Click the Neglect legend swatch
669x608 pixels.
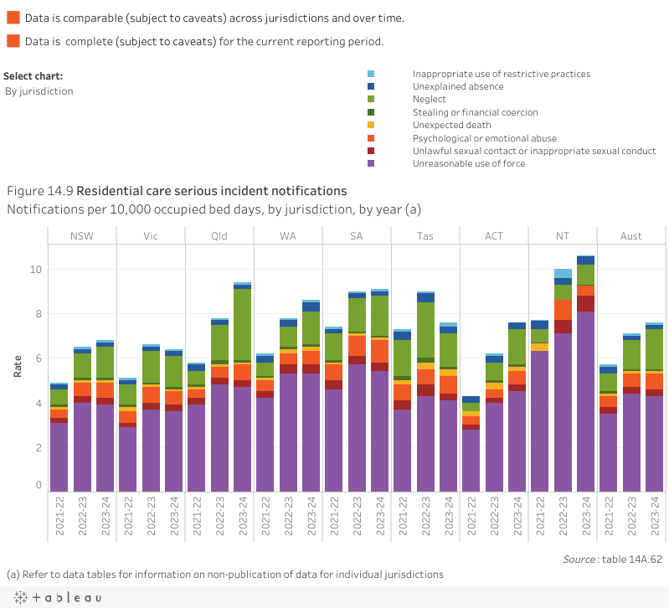[371, 99]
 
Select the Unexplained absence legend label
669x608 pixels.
[458, 86]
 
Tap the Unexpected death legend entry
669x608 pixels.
[451, 125]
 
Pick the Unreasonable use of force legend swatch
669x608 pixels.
[371, 163]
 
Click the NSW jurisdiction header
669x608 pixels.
[82, 236]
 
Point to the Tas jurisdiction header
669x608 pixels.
[425, 236]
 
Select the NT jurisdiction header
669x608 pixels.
[562, 236]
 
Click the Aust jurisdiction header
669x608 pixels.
[631, 236]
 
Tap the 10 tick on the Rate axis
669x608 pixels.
[36, 270]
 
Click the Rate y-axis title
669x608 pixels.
[18, 366]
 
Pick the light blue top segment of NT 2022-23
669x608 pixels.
[563, 273]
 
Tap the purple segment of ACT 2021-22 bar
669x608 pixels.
[471, 460]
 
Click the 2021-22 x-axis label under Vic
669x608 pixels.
[128, 520]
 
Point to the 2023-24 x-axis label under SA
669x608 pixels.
[380, 520]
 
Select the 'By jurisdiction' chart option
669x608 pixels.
[39, 91]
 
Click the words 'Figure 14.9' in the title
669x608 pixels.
[39, 191]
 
